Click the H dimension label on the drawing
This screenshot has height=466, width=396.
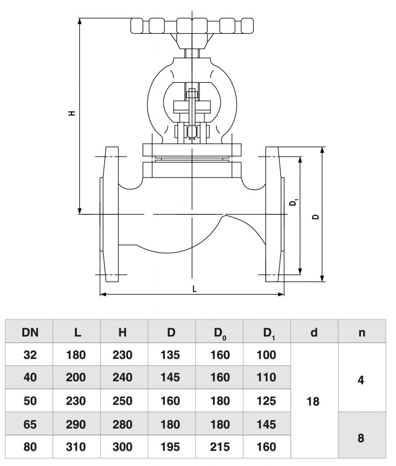[72, 113]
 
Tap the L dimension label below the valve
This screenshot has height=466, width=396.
[195, 289]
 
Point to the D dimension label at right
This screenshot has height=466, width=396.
[315, 216]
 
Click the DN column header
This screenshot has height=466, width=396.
[30, 332]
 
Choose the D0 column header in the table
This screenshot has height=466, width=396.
[219, 333]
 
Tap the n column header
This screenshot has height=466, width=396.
[361, 332]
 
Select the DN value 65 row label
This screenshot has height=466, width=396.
[30, 424]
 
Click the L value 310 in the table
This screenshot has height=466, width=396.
[77, 447]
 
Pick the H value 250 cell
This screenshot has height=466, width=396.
[122, 401]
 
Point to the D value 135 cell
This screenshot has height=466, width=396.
[170, 355]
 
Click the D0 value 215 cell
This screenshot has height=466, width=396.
[219, 447]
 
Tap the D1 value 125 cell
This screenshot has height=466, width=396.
[266, 401]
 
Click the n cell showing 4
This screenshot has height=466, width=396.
[361, 379]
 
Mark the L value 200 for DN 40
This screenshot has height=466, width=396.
[77, 377]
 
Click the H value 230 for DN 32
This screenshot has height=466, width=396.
[122, 355]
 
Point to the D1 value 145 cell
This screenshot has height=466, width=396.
[266, 424]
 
